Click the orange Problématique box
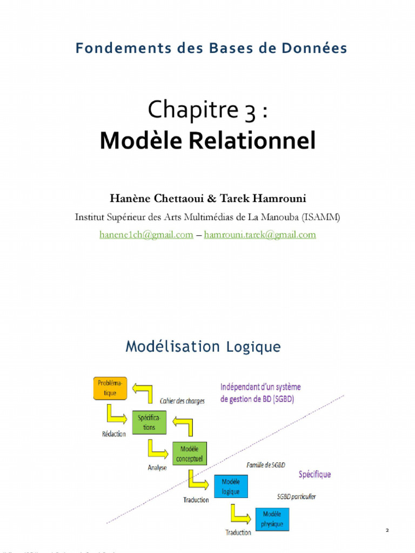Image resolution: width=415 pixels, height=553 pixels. point(110,388)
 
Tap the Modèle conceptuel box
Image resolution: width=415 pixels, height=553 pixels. point(189,454)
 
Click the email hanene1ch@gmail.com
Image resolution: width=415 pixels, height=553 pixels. point(146,234)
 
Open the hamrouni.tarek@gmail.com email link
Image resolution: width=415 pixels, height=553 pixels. point(260,234)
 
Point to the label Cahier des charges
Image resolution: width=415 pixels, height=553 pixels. point(182,401)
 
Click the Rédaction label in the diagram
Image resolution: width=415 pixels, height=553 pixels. point(113,434)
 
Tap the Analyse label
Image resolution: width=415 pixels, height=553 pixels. point(157,468)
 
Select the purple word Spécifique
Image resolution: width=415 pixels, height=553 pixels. point(314,475)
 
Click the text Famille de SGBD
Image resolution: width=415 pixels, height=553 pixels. point(266,464)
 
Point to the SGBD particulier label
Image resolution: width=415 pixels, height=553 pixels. point(296,496)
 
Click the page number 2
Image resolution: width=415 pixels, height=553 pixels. point(387,531)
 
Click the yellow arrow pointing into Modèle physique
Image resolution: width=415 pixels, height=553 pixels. point(240,515)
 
